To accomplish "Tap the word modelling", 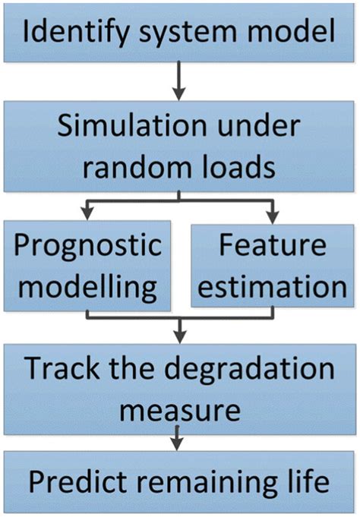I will (x=89, y=287).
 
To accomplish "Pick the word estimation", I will (x=273, y=287).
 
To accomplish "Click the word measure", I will (x=179, y=410).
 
